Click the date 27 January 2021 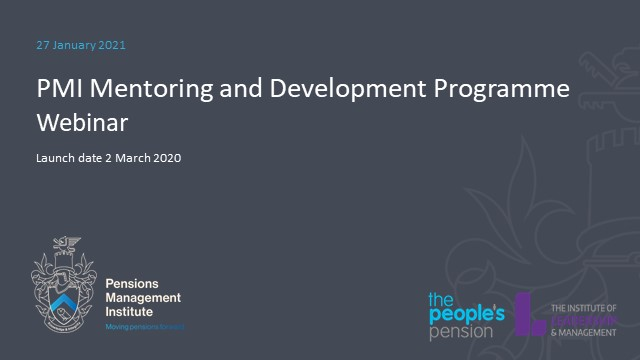(x=80, y=45)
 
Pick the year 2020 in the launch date (x=166, y=157)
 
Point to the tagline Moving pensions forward (x=145, y=327)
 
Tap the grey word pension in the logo (x=461, y=332)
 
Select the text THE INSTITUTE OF (x=584, y=307)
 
